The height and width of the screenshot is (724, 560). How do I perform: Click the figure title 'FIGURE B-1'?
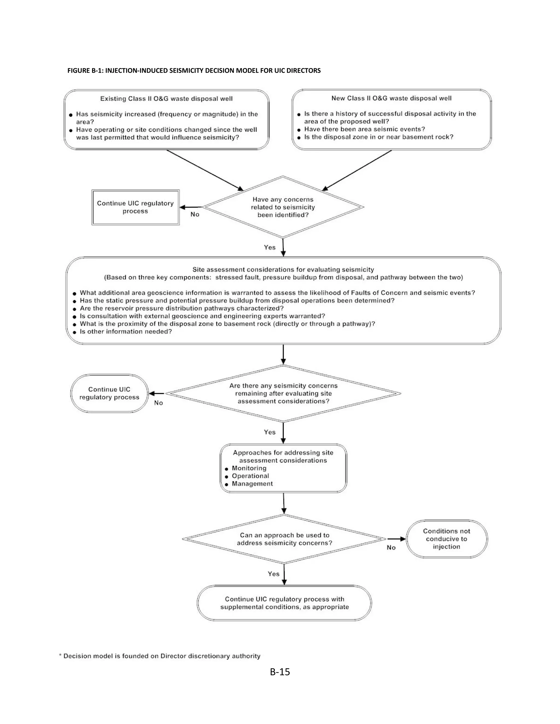click(x=194, y=70)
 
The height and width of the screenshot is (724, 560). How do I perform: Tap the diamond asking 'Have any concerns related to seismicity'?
click(x=283, y=207)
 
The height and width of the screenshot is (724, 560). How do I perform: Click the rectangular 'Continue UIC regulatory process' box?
click(x=135, y=208)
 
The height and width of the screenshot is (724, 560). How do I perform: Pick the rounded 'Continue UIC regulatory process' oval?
click(x=109, y=393)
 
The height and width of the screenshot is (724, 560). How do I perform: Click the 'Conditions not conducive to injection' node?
click(x=447, y=539)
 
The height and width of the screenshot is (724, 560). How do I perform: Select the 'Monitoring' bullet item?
click(x=249, y=468)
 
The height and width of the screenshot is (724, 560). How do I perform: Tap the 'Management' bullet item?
click(x=252, y=484)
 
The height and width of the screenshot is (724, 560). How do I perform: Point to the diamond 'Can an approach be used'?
click(x=284, y=539)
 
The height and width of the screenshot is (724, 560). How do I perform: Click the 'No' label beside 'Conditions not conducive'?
click(x=391, y=548)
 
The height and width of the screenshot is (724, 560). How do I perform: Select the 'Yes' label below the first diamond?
click(x=270, y=247)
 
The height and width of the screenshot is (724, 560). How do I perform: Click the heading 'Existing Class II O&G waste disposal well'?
click(x=166, y=99)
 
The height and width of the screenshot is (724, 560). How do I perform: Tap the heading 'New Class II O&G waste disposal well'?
click(x=392, y=98)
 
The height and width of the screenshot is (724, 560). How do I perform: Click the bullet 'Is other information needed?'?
click(x=126, y=331)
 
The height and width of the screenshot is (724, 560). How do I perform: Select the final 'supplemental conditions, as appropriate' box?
click(x=284, y=603)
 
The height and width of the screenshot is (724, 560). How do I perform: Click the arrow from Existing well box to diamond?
click(x=205, y=170)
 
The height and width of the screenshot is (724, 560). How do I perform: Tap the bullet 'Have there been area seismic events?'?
click(x=364, y=129)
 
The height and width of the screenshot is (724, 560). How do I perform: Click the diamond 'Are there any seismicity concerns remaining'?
click(x=283, y=393)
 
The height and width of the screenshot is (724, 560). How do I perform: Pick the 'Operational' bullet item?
click(x=250, y=476)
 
